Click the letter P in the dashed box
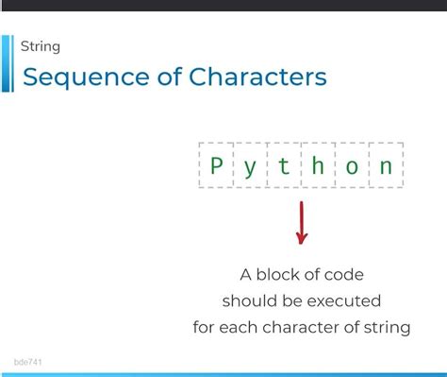[216, 167]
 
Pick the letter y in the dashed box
[250, 168]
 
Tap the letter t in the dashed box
[284, 167]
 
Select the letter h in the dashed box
[318, 167]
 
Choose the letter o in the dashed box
[352, 168]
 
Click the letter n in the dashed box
[386, 168]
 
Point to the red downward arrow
[301, 225]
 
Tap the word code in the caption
[344, 275]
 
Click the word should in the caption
[247, 301]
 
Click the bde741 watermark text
[28, 362]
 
